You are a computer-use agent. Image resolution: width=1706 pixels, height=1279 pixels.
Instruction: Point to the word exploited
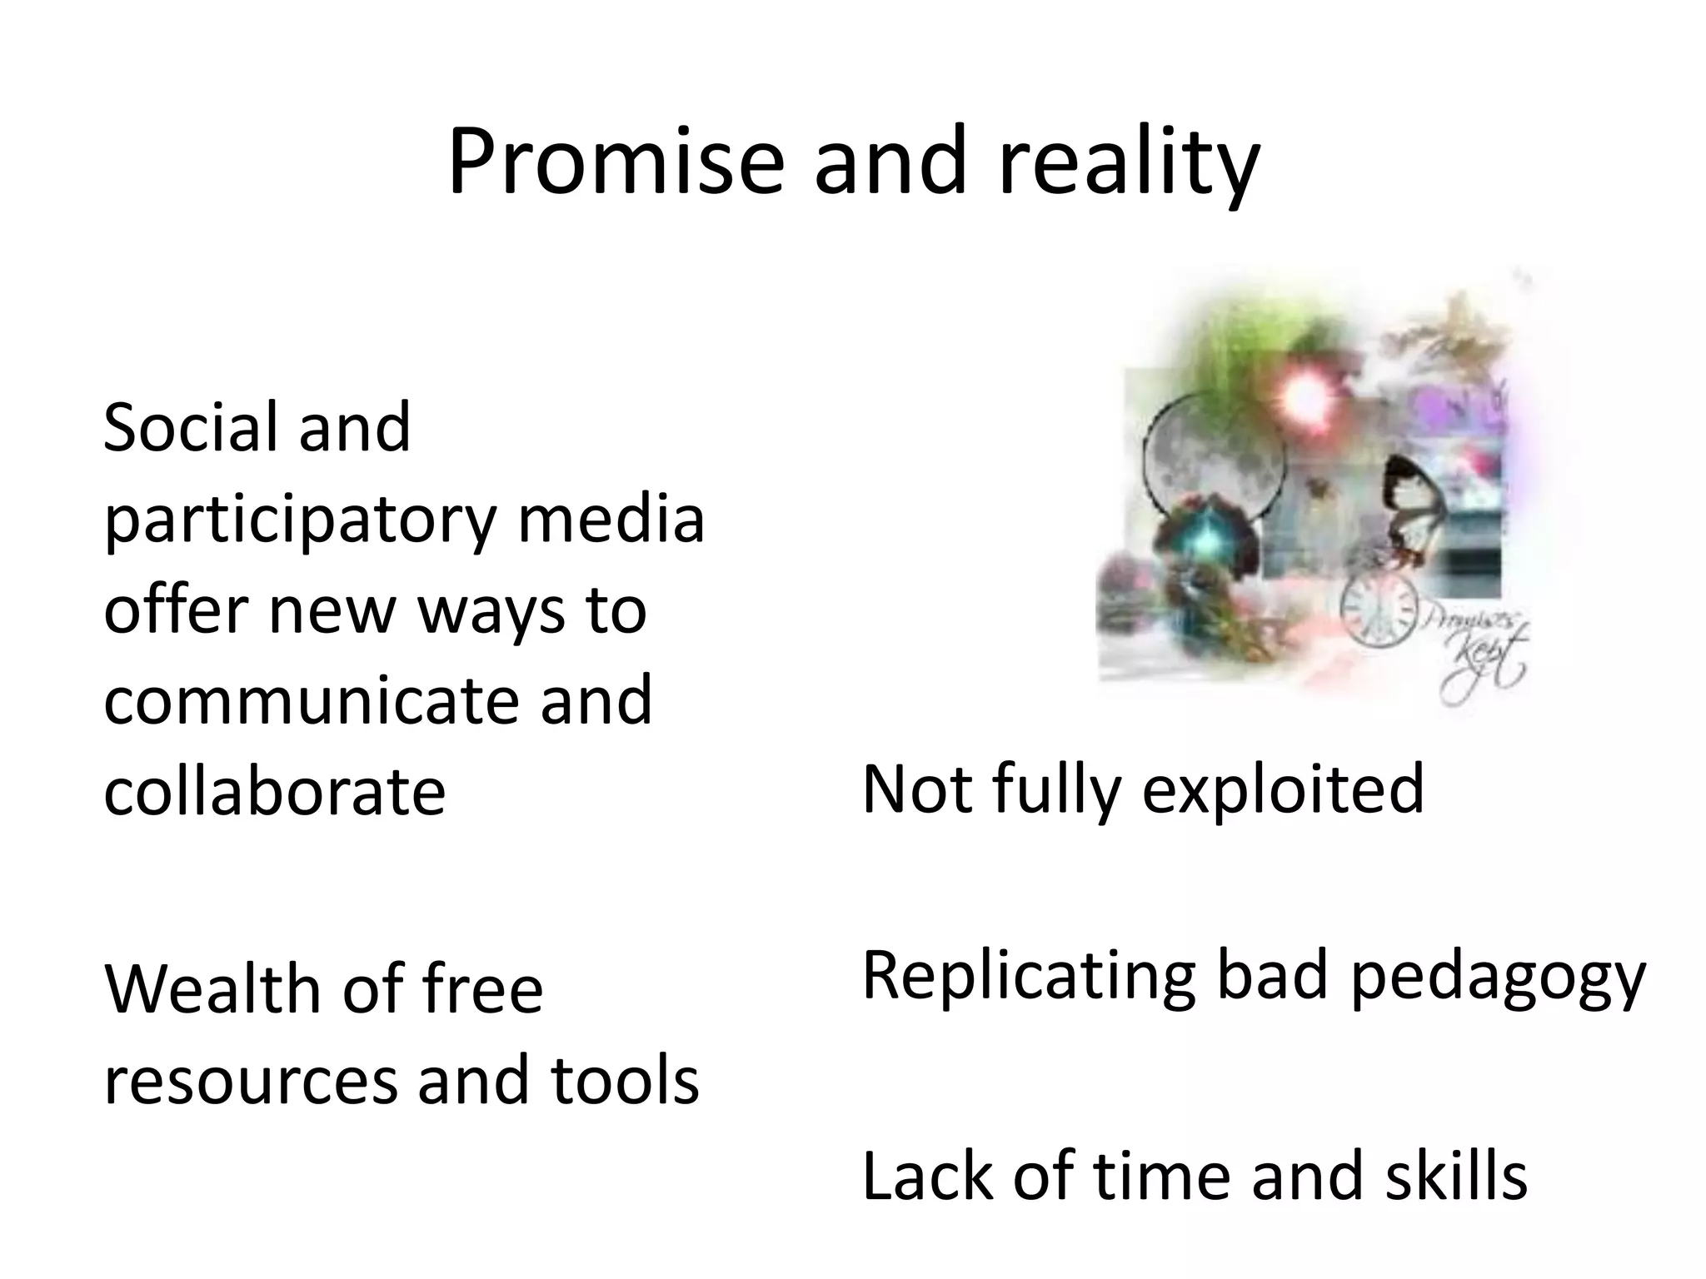coord(1283,789)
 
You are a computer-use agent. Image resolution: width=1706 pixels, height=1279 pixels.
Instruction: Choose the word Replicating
coord(1029,976)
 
